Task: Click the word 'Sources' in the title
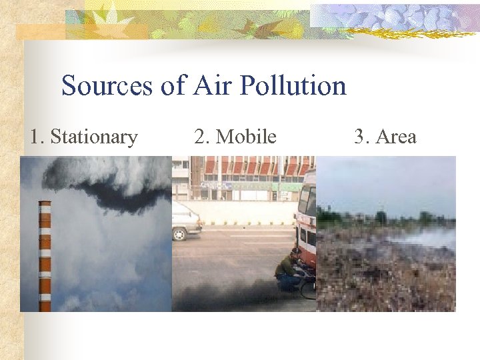click(107, 86)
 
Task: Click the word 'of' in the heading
click(173, 86)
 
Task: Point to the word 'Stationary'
click(94, 137)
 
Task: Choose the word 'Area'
click(396, 137)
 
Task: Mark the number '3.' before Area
click(362, 137)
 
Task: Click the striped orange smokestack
click(45, 257)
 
